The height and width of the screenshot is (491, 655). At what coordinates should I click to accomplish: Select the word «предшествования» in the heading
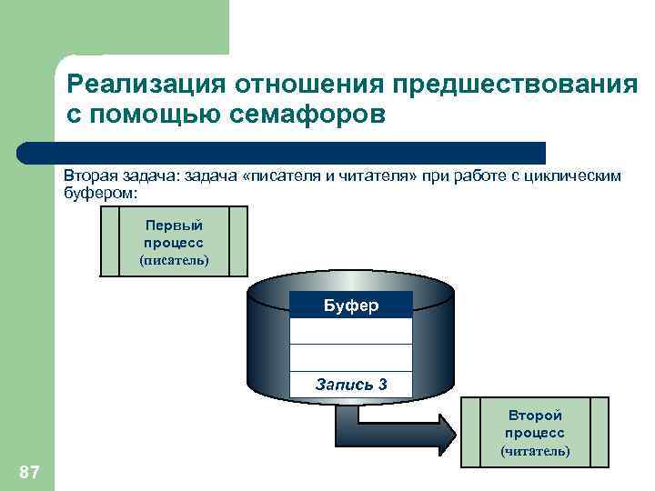coord(515,85)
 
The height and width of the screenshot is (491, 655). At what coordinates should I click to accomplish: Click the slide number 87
coord(29,471)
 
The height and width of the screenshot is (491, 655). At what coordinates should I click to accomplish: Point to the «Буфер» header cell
coord(351,305)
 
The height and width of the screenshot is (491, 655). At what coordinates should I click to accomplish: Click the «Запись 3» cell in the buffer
coord(351,384)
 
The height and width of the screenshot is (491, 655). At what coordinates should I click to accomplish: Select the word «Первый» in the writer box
coord(174,225)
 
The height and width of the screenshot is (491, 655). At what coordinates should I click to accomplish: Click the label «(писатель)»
coord(174,260)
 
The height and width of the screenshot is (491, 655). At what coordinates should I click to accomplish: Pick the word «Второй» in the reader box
coord(535,416)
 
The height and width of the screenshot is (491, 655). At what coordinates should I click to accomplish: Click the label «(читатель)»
coord(535,450)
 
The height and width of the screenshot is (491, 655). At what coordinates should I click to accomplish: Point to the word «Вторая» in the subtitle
coord(90,175)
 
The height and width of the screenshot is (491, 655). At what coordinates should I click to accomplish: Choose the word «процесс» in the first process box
coord(174,243)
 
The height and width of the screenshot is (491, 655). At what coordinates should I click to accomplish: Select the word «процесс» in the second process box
coord(535,433)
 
